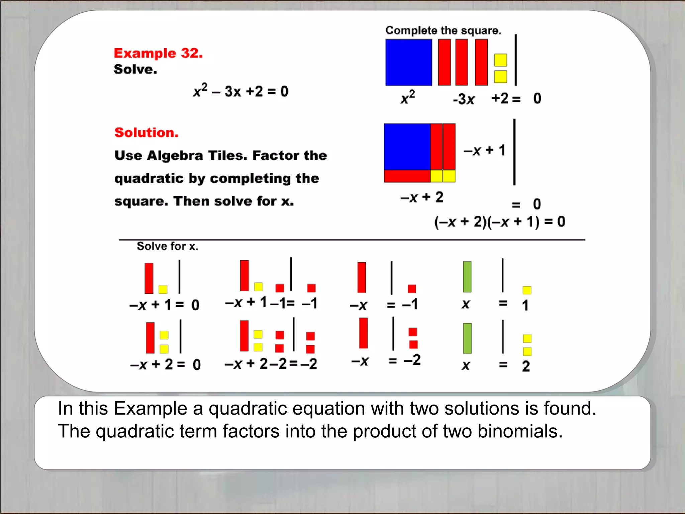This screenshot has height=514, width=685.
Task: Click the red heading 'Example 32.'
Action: tap(158, 53)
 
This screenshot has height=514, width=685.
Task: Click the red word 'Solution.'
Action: tap(146, 133)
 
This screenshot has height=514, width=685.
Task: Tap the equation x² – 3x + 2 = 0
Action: tap(240, 91)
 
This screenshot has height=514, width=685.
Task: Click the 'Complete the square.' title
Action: tap(443, 30)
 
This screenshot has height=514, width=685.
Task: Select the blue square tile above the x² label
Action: tap(408, 63)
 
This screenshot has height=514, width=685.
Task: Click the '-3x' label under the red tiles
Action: tap(464, 99)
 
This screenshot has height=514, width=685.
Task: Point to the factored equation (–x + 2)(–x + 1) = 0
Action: tap(499, 222)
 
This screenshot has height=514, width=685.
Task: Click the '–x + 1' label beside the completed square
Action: tap(484, 151)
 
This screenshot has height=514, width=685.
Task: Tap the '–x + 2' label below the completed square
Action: tap(421, 197)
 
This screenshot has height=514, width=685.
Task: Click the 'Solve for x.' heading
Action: tap(167, 246)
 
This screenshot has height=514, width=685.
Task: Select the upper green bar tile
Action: tap(467, 277)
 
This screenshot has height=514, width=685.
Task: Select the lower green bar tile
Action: tap(467, 338)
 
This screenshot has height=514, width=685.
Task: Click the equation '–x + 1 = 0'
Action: tap(164, 305)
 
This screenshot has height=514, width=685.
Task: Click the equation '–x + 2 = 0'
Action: tap(165, 364)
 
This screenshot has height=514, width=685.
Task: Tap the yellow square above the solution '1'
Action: tap(527, 290)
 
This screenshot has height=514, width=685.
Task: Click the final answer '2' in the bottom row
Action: tap(526, 366)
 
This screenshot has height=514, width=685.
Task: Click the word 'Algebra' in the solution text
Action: tap(175, 156)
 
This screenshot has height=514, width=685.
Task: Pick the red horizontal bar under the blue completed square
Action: tap(407, 176)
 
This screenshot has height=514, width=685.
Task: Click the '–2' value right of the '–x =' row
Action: tap(412, 360)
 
